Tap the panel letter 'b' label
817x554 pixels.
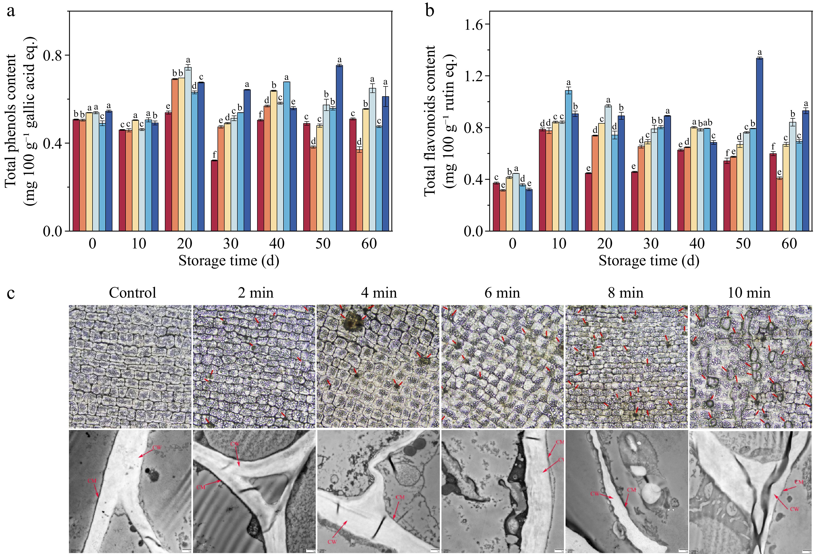[430, 11]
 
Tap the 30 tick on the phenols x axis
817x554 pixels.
[231, 244]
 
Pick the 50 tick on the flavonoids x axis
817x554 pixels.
[743, 244]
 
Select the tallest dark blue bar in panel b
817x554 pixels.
[760, 144]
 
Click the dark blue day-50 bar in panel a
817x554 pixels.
[339, 148]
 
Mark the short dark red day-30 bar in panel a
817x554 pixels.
[214, 196]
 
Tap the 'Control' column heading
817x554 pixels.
[133, 293]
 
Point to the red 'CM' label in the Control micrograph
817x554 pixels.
[92, 481]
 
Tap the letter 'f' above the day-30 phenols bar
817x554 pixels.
[214, 155]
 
